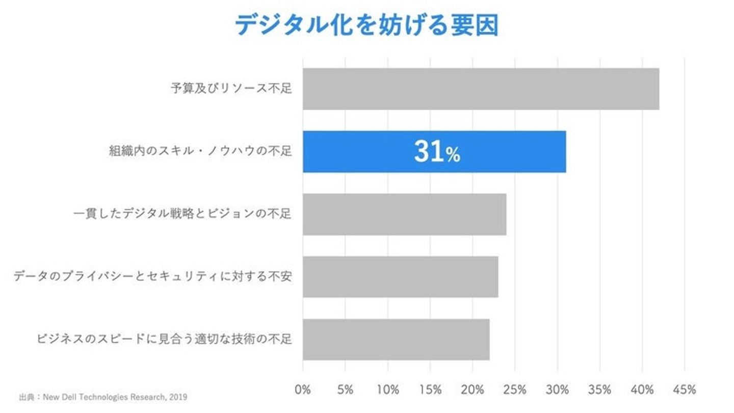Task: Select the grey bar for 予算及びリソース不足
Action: [481, 89]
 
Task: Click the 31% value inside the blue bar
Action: [437, 152]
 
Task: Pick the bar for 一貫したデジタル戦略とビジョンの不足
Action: [404, 214]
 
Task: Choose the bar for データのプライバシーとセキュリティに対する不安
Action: [400, 277]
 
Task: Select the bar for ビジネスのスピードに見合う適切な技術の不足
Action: [396, 340]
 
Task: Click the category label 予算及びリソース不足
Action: [231, 89]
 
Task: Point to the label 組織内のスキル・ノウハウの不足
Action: [200, 151]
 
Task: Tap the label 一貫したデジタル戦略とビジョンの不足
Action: [182, 214]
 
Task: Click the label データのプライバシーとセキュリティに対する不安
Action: [152, 277]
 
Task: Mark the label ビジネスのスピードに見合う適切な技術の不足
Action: [164, 339]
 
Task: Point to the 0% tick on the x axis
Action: [303, 390]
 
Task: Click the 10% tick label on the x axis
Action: [388, 390]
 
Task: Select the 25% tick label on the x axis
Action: [515, 390]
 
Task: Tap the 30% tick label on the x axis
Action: [557, 390]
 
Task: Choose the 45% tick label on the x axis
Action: [684, 390]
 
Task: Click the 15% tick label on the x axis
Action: [430, 390]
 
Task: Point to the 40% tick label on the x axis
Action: [642, 390]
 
